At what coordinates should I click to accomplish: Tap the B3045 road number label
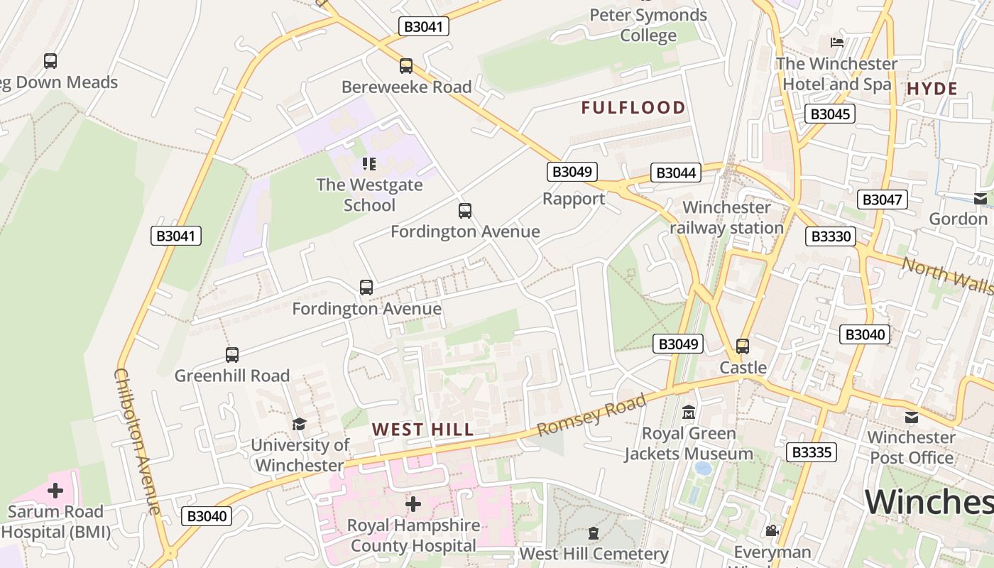(x=830, y=114)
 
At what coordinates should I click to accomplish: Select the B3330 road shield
(x=830, y=236)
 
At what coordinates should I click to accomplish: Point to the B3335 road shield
(x=812, y=452)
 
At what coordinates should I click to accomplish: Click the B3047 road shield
(x=882, y=200)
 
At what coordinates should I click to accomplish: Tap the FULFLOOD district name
(x=633, y=108)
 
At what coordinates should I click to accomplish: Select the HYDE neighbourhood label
(x=932, y=89)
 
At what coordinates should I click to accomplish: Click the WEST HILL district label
(x=422, y=430)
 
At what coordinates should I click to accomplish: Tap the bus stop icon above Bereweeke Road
(x=406, y=66)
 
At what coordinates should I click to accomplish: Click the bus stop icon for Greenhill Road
(x=232, y=355)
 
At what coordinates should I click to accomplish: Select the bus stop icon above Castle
(x=743, y=346)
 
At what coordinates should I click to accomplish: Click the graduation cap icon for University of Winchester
(x=299, y=424)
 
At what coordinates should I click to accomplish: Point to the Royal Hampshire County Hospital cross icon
(x=413, y=504)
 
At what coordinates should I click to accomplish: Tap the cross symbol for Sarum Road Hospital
(x=55, y=491)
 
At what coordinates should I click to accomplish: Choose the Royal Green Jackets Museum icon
(x=688, y=413)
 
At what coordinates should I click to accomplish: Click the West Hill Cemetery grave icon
(x=594, y=533)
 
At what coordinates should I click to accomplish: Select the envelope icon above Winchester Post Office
(x=911, y=417)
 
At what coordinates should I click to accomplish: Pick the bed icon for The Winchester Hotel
(x=836, y=43)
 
